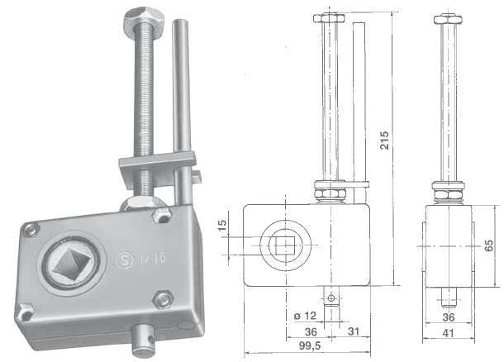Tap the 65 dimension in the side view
[x=488, y=245]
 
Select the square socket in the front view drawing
[x=283, y=245]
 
